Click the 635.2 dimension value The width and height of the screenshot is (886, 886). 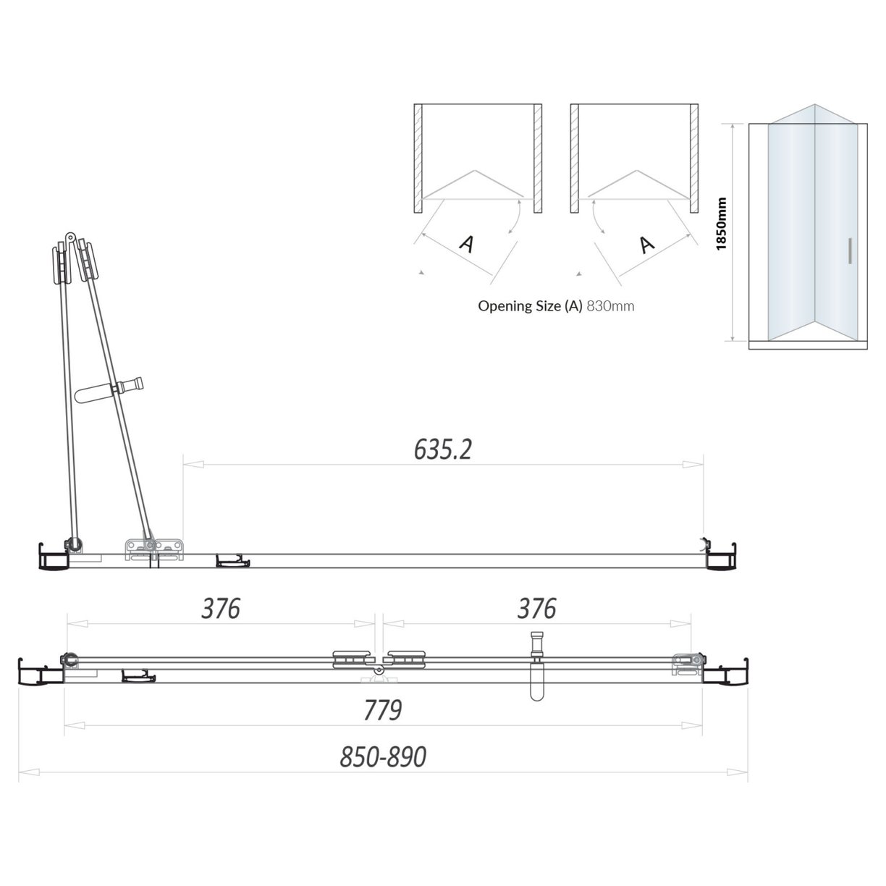442,450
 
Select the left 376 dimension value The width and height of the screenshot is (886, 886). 220,609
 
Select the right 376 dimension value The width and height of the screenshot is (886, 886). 536,609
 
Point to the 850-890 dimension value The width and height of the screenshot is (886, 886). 383,757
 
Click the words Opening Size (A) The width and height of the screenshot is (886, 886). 530,305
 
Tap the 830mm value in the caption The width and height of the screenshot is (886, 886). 610,305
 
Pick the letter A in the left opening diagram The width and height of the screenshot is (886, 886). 467,244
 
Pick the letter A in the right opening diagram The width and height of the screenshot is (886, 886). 646,244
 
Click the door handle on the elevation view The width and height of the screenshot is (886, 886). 849,251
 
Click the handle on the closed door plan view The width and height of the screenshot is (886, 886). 536,670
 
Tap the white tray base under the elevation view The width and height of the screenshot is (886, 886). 807,345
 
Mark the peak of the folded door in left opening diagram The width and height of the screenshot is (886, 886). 473,171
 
